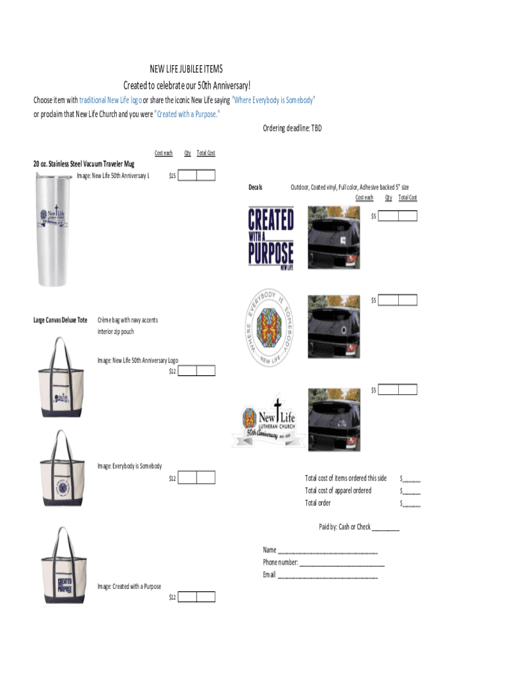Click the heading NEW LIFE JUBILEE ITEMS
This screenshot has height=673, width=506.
[187, 69]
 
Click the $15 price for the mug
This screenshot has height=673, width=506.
[172, 175]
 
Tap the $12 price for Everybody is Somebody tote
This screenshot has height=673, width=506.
[172, 478]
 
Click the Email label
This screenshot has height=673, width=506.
[269, 575]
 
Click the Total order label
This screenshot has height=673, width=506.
[317, 503]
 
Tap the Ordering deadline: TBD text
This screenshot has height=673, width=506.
[292, 128]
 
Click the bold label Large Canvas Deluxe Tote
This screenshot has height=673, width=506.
[60, 320]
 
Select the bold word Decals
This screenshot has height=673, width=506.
[255, 188]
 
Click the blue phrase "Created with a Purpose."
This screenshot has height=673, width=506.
[187, 113]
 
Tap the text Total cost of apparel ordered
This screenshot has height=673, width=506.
[338, 491]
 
